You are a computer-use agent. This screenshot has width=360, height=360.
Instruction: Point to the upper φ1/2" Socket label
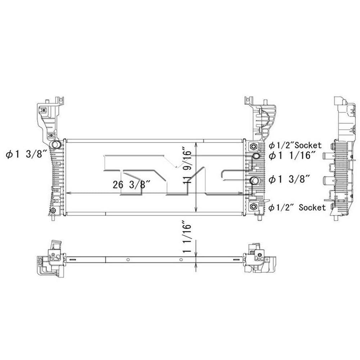click(295, 145)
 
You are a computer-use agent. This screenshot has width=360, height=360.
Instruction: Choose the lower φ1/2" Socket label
click(297, 207)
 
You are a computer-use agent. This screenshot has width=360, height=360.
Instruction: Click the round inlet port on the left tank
click(55, 145)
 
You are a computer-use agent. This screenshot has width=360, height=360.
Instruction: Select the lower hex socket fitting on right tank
click(254, 206)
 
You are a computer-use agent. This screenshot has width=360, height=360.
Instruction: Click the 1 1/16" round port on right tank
click(256, 156)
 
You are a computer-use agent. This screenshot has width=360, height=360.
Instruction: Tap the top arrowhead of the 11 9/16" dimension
click(195, 144)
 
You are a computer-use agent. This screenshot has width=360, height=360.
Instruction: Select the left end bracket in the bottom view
click(50, 257)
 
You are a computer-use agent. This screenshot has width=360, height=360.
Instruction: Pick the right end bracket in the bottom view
click(260, 258)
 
